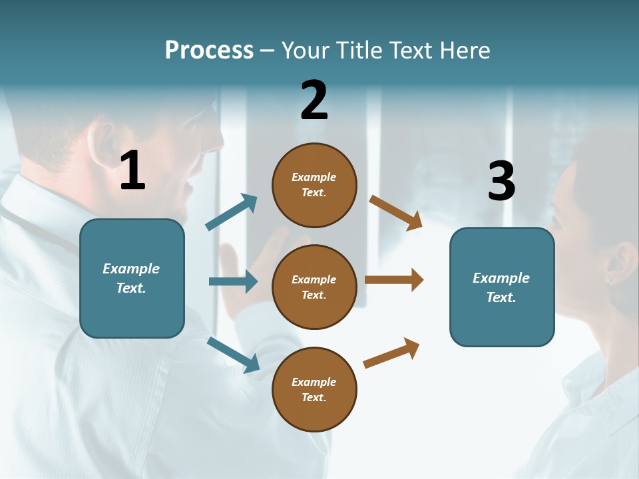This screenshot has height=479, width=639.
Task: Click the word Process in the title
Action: coord(209,51)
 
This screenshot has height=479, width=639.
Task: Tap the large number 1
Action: coord(132,170)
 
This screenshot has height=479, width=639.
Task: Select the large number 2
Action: coord(314,100)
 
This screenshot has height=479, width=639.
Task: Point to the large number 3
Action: coord(501,181)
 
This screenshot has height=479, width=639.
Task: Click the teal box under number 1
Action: coord(132,278)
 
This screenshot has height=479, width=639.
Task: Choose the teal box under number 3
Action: coord(502,287)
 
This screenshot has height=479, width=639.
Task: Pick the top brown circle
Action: coord(314,185)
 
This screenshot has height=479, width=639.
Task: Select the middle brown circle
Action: coord(314,287)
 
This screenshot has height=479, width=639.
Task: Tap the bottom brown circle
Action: coord(314,389)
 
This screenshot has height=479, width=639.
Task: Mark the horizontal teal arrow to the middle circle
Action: coord(233,281)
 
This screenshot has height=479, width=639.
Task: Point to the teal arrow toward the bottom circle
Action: coord(233,354)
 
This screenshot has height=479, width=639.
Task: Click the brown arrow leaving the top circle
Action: coord(396,212)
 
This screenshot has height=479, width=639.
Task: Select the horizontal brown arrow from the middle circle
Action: coord(394,279)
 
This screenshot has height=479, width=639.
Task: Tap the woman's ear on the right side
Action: coord(623,263)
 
